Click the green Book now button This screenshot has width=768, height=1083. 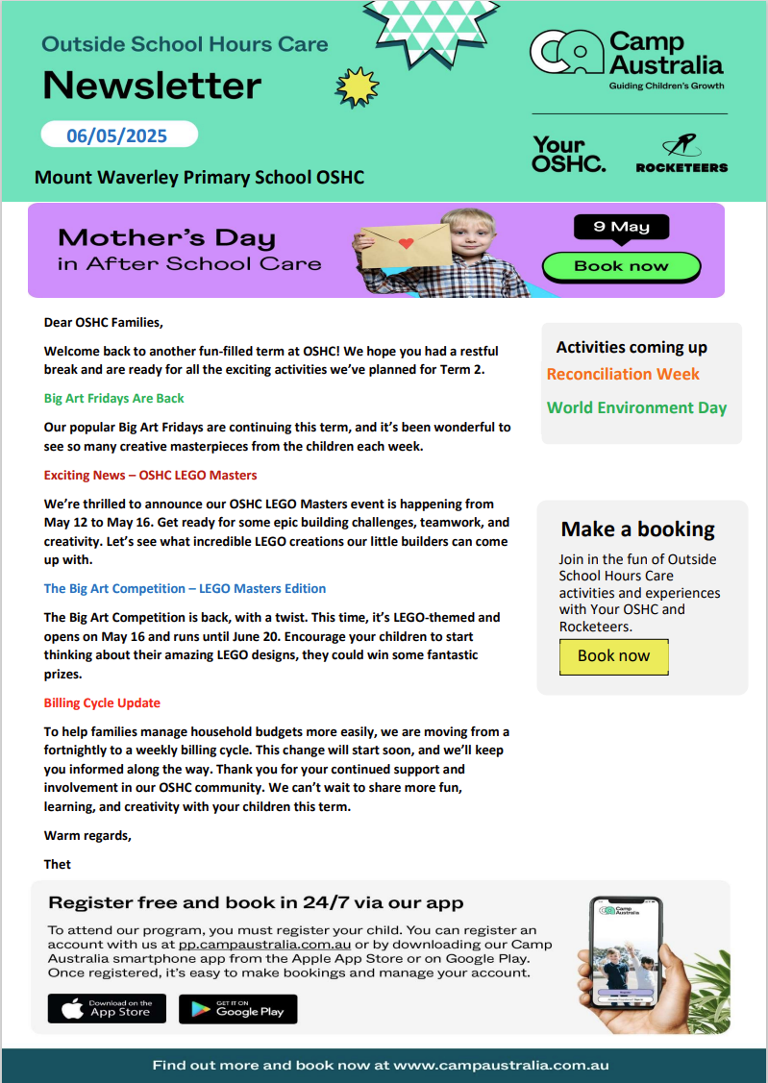tap(621, 266)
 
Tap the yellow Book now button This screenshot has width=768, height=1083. tap(613, 656)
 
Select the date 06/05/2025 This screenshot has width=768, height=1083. tap(117, 135)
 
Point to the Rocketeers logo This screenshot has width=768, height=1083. tap(681, 155)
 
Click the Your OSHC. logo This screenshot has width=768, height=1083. tap(569, 155)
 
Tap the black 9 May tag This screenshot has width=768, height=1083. tap(621, 227)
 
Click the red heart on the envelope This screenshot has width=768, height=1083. tap(407, 242)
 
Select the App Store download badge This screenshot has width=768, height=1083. tap(107, 1008)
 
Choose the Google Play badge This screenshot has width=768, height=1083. tap(237, 1008)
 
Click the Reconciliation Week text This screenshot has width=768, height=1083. tap(623, 374)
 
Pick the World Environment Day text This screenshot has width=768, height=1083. tap(636, 407)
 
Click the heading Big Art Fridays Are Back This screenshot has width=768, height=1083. tap(114, 398)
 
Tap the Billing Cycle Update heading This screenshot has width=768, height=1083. tap(102, 702)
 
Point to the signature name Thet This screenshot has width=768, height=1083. tap(58, 864)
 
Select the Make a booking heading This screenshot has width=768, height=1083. tap(637, 529)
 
